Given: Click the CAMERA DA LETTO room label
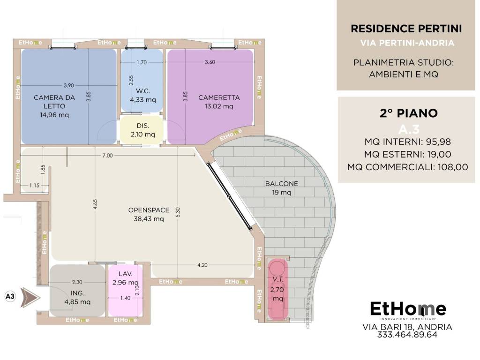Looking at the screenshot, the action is click(x=54, y=102).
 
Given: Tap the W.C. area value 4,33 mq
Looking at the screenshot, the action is click(x=143, y=100).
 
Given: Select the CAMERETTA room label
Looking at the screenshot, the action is click(x=219, y=97).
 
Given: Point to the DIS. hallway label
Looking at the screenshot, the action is click(x=143, y=126).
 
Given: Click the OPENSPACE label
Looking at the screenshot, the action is click(x=149, y=210).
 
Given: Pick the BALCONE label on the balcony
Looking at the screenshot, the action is click(x=281, y=184).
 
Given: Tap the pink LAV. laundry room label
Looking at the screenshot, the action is click(x=126, y=274).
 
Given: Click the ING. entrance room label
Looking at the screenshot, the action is click(x=77, y=293).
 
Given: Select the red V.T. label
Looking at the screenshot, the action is click(x=278, y=279).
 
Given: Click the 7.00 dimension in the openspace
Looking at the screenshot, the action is click(x=107, y=156).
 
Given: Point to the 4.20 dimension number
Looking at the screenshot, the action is click(x=202, y=265).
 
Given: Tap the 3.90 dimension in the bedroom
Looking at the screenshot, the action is click(x=68, y=85).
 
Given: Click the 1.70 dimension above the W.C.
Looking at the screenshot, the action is click(x=142, y=62).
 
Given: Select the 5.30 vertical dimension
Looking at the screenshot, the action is click(x=178, y=212).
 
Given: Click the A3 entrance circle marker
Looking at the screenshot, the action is click(x=10, y=296).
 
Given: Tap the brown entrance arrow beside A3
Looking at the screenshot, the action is click(x=30, y=297).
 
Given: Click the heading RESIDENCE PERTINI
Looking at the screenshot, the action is click(x=406, y=29).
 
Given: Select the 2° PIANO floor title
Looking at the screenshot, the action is click(x=409, y=113).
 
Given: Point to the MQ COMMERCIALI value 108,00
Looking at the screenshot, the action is click(x=453, y=167).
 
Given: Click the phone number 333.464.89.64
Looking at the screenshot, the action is click(x=407, y=335).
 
